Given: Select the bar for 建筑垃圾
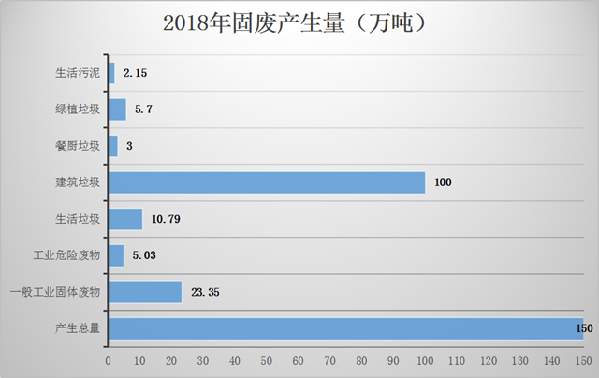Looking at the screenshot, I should [x=267, y=182].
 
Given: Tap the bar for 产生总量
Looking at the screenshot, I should [x=345, y=329].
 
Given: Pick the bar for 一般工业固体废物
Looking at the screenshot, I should [x=145, y=293].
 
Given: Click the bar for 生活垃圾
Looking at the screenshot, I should [x=125, y=219].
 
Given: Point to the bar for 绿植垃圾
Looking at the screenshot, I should [x=117, y=109].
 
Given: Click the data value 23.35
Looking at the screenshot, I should [x=205, y=293].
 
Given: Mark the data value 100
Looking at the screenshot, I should [x=443, y=182].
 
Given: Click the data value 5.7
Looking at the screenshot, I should [x=143, y=109].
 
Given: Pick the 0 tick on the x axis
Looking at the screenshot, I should [x=109, y=360].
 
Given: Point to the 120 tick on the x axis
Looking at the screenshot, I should [x=489, y=360].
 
